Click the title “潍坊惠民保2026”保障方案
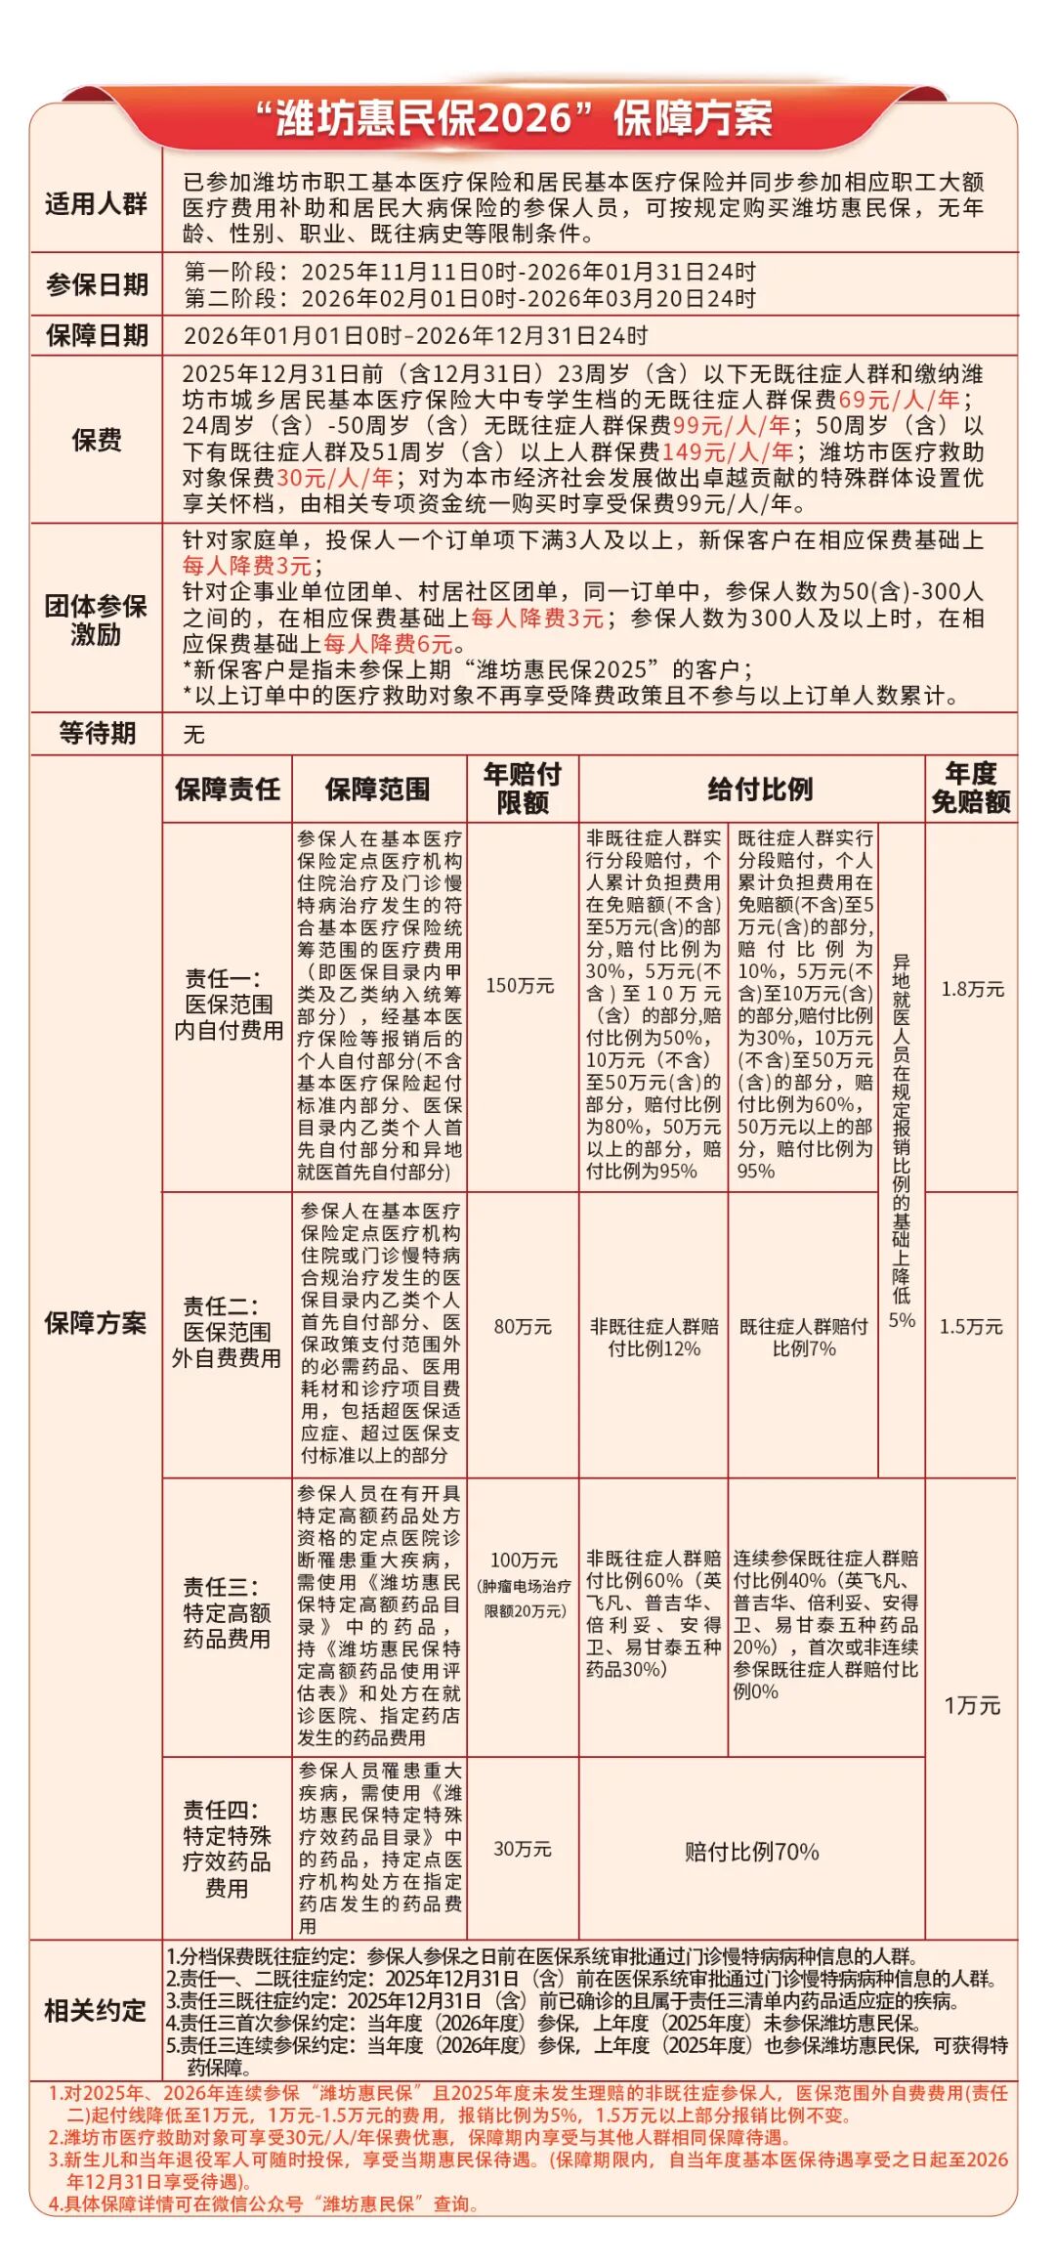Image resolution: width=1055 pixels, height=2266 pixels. coord(514,119)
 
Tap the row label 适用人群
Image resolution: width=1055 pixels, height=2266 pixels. coord(96,204)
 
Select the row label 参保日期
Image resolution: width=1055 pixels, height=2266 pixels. coord(96,284)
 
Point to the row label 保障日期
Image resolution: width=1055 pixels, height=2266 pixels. coord(96,335)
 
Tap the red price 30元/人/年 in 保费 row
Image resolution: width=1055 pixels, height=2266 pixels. coord(335,478)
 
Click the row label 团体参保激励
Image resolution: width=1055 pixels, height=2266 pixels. coord(96,620)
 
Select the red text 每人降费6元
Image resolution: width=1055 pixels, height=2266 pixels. coord(388,644)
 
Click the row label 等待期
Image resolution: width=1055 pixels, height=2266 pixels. coord(96,733)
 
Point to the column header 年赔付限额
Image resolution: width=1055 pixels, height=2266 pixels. coord(523,789)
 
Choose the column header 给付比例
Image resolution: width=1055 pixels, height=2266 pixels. coord(759,790)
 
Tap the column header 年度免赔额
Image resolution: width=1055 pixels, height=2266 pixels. coord(970,789)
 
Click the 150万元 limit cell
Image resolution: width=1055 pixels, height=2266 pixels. coord(520,986)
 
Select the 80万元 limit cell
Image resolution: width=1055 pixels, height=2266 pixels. coord(523,1327)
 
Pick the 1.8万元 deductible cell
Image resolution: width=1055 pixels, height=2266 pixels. coord(972,989)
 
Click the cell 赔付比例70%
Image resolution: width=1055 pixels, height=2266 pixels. coord(751,1852)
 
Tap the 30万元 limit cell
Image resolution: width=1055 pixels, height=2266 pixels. coord(523,1849)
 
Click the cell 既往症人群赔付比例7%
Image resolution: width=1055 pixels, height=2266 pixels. coord(803,1338)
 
